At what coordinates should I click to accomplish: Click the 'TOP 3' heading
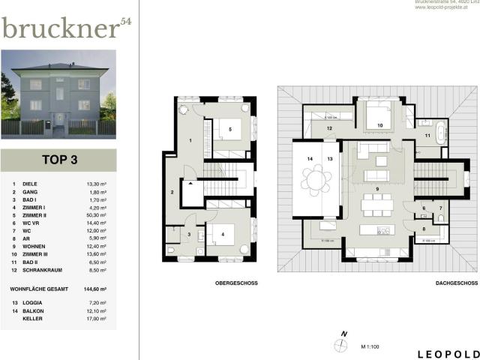58,160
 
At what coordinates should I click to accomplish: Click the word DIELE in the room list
29,184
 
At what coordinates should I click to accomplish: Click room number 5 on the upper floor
230,128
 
